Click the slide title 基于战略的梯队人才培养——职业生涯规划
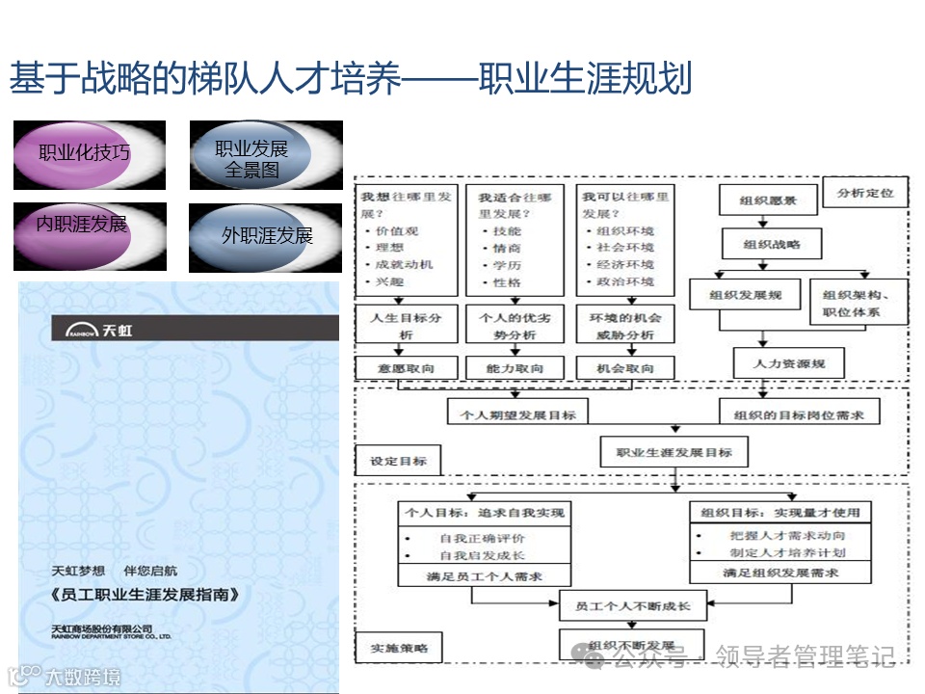pyautogui.click(x=351, y=79)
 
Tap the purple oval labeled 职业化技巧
pyautogui.click(x=85, y=153)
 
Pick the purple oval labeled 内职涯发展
pyautogui.click(x=82, y=225)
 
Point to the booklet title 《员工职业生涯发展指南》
pyautogui.click(x=145, y=595)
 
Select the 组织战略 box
pyautogui.click(x=771, y=245)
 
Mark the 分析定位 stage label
pyautogui.click(x=865, y=193)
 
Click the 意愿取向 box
pyautogui.click(x=408, y=368)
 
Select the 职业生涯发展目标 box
pyautogui.click(x=674, y=452)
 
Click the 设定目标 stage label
pyautogui.click(x=398, y=462)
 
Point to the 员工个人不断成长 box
pyautogui.click(x=632, y=606)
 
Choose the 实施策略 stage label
pyautogui.click(x=398, y=647)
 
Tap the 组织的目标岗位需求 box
pyautogui.click(x=799, y=414)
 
